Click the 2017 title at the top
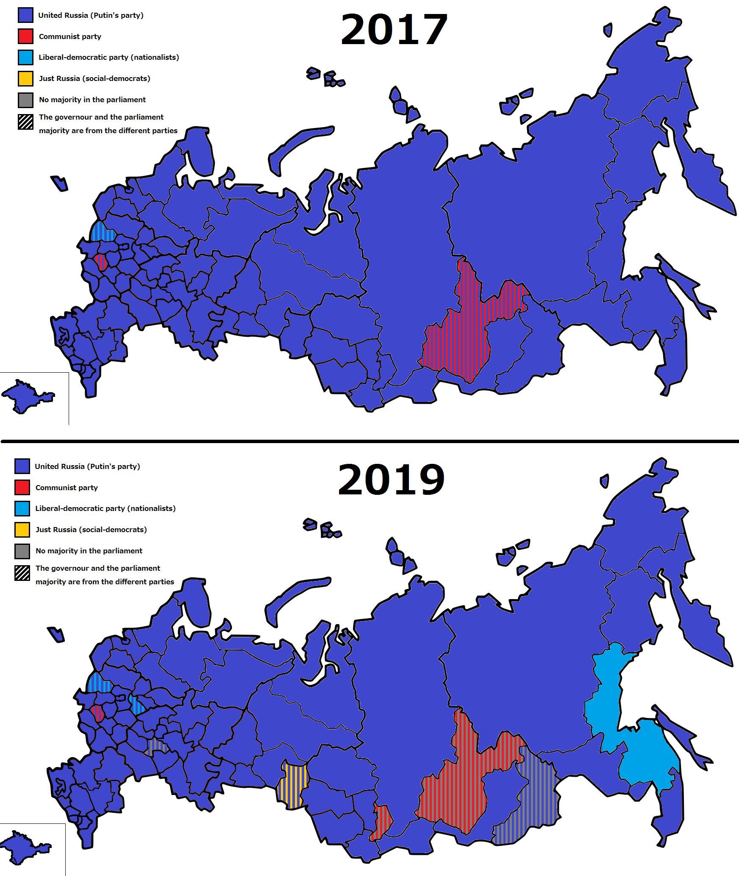tap(394, 30)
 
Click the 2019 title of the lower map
tap(391, 480)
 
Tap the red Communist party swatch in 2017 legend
tap(25, 36)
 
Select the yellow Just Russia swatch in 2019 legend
tap(22, 530)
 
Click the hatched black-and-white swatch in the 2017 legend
tap(25, 122)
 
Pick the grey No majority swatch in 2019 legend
tap(22, 551)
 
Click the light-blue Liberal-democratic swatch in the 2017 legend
tap(25, 57)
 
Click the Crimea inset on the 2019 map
tap(23, 846)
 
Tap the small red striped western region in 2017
tap(101, 262)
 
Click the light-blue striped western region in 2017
tap(103, 232)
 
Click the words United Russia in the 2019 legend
tap(59, 466)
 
